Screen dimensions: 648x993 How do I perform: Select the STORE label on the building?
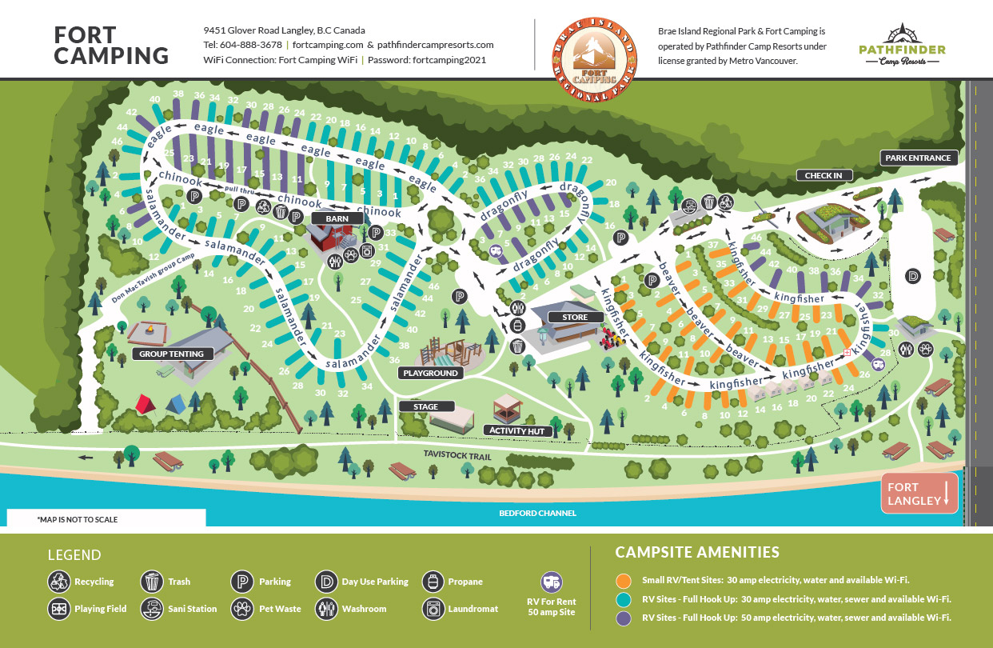[574, 318]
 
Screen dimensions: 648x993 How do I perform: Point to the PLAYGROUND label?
[430, 373]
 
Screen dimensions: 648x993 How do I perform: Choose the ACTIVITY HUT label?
[518, 430]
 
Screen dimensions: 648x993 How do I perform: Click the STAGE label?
[426, 406]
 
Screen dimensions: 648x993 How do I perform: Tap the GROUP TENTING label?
[171, 354]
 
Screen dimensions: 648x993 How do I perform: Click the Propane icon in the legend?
[433, 582]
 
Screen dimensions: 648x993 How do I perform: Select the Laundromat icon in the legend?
[433, 609]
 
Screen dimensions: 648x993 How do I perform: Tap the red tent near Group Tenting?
[146, 402]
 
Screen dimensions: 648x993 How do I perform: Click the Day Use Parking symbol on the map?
[913, 276]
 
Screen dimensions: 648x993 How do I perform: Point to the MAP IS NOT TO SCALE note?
[77, 519]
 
